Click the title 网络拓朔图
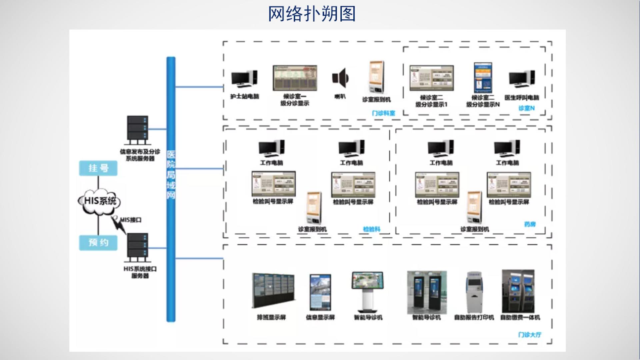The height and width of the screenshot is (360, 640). [x=312, y=14]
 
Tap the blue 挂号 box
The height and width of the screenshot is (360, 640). [x=98, y=168]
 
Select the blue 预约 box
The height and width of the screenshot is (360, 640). [x=98, y=242]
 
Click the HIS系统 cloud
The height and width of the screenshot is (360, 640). [x=99, y=201]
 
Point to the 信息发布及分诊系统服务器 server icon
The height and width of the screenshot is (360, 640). [x=137, y=130]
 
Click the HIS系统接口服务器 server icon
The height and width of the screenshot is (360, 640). [x=137, y=247]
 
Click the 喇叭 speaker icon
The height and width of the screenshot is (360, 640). [x=340, y=79]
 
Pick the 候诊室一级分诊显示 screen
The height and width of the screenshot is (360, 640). [x=295, y=78]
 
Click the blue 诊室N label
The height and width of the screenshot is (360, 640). [x=526, y=108]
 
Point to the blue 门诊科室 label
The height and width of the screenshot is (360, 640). [x=383, y=113]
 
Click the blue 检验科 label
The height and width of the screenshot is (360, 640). [x=371, y=229]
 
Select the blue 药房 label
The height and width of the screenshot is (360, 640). [x=530, y=224]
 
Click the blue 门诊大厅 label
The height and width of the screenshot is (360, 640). [x=530, y=335]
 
